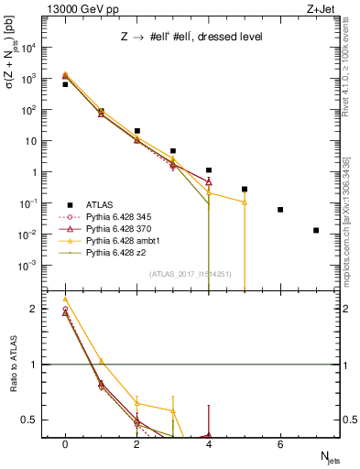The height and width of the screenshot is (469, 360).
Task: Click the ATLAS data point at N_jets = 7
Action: (x=316, y=230)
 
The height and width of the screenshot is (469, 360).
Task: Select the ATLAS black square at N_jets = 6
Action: (x=280, y=210)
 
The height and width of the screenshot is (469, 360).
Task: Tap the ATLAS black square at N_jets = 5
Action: (x=245, y=189)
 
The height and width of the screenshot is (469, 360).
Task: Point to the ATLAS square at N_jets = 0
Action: (x=65, y=84)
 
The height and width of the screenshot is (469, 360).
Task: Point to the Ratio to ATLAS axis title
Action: (x=15, y=363)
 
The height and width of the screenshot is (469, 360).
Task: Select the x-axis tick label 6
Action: (x=280, y=442)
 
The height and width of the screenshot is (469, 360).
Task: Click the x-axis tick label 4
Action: (x=209, y=442)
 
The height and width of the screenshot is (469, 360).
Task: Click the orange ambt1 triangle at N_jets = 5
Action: (x=245, y=202)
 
